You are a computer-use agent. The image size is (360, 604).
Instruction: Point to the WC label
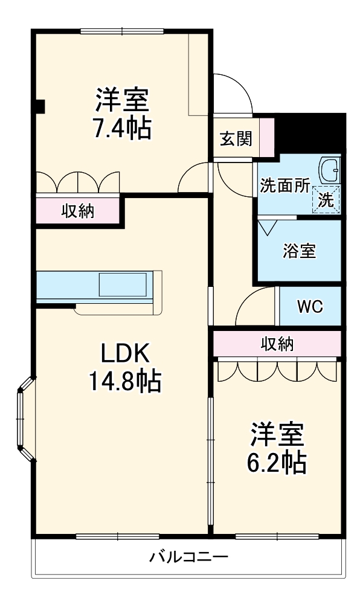coord(310,307)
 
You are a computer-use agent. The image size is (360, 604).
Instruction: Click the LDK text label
coord(124,353)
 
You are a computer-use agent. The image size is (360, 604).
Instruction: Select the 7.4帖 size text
coord(121,128)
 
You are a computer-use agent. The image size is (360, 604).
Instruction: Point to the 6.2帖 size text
coord(276,461)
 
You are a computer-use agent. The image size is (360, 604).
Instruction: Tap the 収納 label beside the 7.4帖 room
coord(78,211)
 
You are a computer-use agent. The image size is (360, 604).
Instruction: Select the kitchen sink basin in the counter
coord(123,284)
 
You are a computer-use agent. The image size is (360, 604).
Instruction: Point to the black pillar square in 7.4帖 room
coord(39,107)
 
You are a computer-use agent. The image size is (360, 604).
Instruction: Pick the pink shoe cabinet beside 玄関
coord(268,137)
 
